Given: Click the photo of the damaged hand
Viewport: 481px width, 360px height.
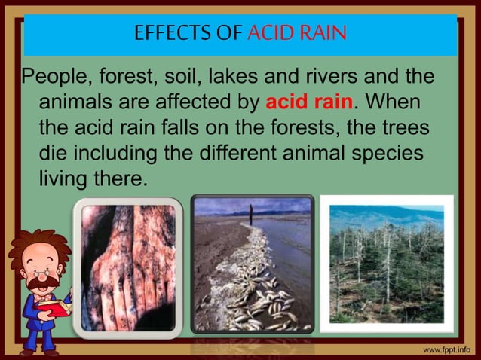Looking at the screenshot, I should pos(127,267).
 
